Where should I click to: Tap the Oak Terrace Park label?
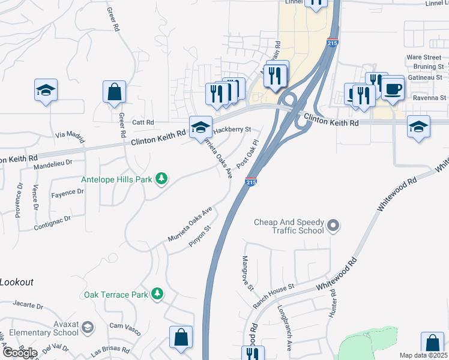click(116, 295)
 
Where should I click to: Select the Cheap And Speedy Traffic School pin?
click(334, 226)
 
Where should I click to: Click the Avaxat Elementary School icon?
click(88, 327)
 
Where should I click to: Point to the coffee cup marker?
click(393, 89)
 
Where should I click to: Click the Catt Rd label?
click(143, 122)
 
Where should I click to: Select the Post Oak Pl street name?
click(247, 154)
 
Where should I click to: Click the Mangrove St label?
click(248, 273)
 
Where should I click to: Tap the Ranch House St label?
click(273, 295)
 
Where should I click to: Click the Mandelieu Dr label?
click(53, 162)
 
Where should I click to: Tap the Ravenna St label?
click(431, 97)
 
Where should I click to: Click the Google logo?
click(20, 352)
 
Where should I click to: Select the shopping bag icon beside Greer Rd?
click(114, 94)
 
